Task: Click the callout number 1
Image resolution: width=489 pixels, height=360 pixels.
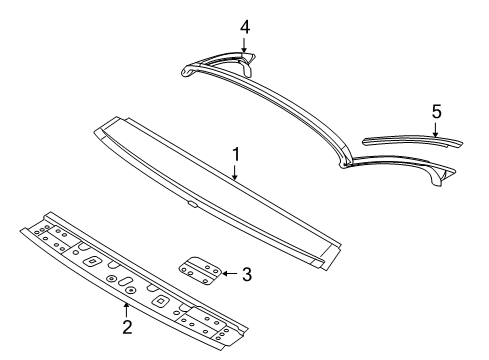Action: click(236, 155)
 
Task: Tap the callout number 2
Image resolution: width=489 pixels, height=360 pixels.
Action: click(127, 325)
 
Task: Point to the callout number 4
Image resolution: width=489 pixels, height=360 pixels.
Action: click(244, 25)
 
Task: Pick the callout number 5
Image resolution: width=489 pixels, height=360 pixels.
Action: click(436, 113)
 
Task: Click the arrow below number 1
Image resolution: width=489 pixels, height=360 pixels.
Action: click(235, 171)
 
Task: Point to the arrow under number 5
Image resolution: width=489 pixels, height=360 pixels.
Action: click(436, 130)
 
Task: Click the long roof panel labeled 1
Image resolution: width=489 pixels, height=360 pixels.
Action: click(215, 194)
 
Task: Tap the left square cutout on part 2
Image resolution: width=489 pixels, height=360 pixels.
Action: click(91, 260)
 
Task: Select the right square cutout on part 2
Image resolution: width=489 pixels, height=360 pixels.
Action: click(157, 299)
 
